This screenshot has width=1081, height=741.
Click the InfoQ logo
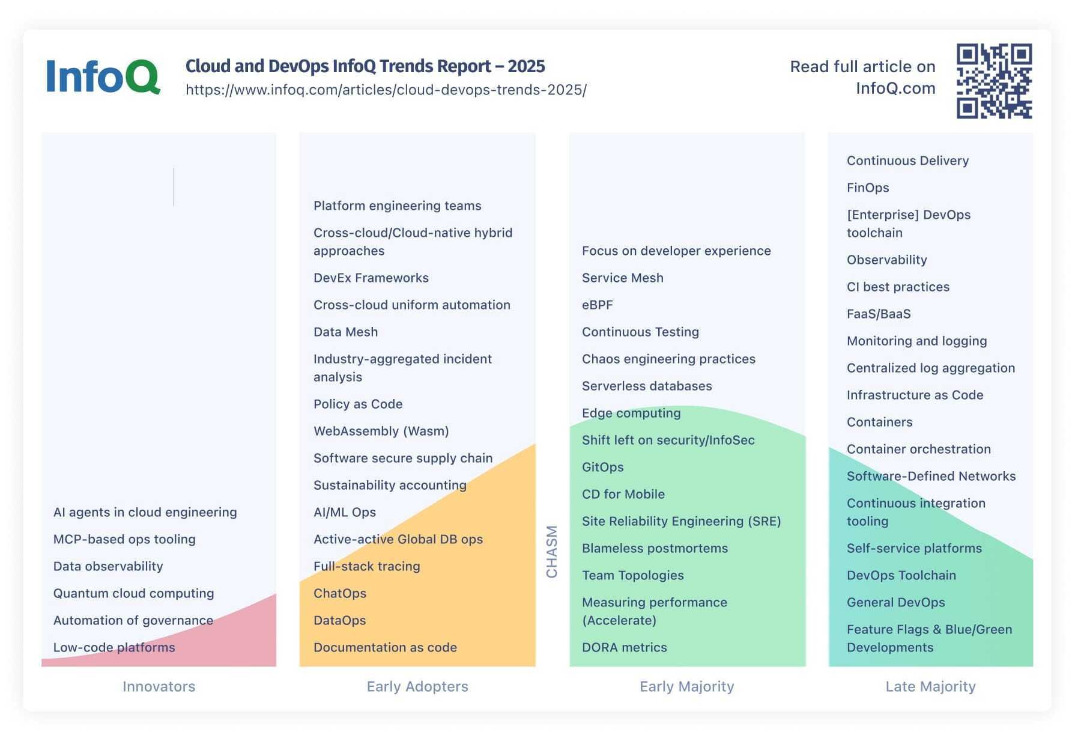coord(103,76)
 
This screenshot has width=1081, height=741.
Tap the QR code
coord(994,81)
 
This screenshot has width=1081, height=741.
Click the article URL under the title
coord(386,90)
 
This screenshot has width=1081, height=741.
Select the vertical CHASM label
coord(551,551)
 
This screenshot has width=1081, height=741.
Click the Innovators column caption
coord(159,686)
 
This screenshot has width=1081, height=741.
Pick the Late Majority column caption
coord(930,686)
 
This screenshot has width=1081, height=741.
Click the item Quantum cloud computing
coord(133,593)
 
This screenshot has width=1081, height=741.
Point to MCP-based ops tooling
coord(124,539)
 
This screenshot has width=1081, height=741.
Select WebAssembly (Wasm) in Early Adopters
coord(381,431)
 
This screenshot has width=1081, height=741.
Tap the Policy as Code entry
coord(358,404)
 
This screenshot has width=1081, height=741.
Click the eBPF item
coord(597,305)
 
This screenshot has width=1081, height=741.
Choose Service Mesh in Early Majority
coord(622,278)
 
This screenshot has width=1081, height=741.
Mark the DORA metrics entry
coord(624,647)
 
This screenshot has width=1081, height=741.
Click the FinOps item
coord(867,188)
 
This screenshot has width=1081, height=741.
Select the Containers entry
coord(879,422)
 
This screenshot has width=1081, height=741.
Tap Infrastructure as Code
coord(915,395)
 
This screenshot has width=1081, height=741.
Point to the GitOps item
coord(602,467)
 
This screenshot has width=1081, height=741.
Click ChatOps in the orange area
coord(339,593)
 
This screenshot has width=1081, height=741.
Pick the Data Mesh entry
coord(345,332)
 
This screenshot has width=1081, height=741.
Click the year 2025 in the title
coord(526,66)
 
